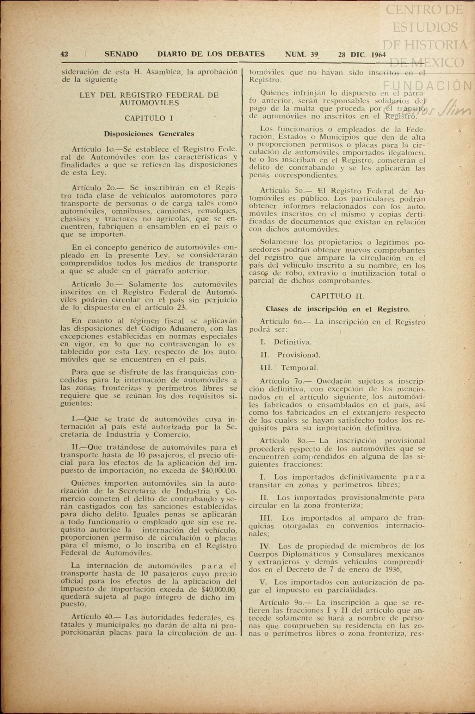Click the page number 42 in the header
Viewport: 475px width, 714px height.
64,54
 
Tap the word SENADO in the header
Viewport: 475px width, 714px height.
121,54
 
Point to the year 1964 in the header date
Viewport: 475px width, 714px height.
379,54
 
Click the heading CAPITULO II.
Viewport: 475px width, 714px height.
337,296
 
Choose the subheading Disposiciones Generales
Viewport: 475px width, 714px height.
149,134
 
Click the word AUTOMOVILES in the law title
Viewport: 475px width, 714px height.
149,103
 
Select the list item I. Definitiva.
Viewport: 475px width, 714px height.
286,342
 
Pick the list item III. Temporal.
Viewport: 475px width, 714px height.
289,368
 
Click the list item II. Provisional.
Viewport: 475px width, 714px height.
290,355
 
